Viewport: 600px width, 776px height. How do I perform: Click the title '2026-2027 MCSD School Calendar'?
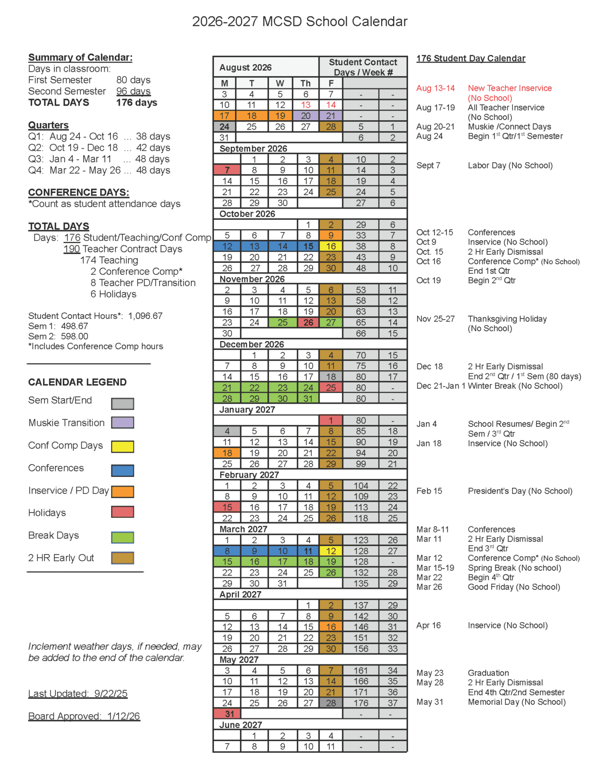tap(300, 22)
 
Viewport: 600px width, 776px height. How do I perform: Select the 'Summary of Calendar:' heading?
tap(80, 58)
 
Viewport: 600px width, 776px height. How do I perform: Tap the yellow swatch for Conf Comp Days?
tap(122, 447)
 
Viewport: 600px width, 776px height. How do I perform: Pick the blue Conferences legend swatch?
tap(122, 471)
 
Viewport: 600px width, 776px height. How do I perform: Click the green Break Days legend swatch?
tap(122, 538)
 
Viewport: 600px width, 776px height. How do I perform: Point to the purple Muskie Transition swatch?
tap(122, 423)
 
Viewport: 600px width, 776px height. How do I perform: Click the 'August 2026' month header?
tap(246, 68)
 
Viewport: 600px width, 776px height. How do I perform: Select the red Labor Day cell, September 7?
tap(227, 170)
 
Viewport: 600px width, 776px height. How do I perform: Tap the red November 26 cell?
tap(308, 322)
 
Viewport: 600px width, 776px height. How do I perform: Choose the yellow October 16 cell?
tap(331, 247)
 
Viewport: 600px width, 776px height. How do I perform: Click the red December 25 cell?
tap(331, 388)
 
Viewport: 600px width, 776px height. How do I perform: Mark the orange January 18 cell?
tap(227, 453)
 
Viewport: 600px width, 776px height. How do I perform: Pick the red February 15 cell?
tap(227, 507)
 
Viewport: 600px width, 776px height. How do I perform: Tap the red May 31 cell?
tap(227, 714)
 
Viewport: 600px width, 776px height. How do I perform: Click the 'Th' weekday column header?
tap(306, 83)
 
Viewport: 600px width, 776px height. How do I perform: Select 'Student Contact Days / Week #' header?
tap(363, 67)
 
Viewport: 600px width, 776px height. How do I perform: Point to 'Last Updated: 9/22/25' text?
tap(78, 694)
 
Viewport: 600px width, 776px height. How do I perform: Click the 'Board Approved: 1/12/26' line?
tap(84, 716)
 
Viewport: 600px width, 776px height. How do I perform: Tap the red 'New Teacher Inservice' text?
tap(510, 88)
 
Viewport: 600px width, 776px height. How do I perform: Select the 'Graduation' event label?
tap(488, 673)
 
